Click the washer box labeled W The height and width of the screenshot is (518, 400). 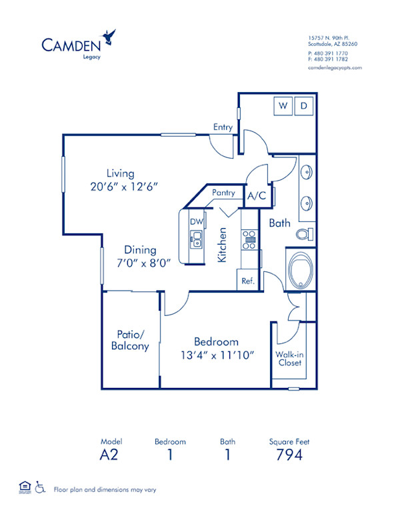pos(283,105)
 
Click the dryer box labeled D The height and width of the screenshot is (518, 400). pos(303,105)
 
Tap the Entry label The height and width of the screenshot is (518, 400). pos(223,127)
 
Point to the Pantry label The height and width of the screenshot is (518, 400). pos(223,193)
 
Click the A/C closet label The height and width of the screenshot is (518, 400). pos(256,197)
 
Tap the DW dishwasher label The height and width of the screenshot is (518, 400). pos(196,221)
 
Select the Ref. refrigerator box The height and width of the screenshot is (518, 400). pos(248,281)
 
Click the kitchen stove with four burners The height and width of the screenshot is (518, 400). pos(249,239)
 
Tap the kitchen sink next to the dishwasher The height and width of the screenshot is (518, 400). pos(196,238)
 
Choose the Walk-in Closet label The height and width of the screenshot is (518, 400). pos(289,359)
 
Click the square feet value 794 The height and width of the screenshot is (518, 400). pos(289,455)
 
